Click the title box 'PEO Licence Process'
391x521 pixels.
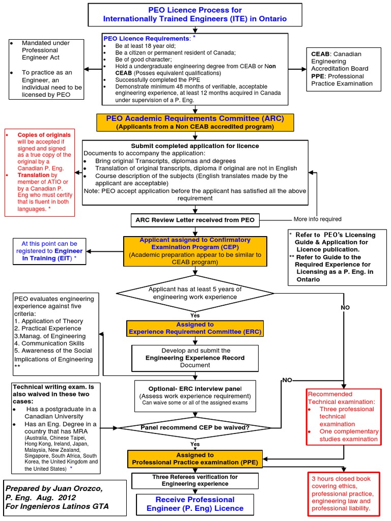(x=195, y=15)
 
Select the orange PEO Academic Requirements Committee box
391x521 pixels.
(x=195, y=122)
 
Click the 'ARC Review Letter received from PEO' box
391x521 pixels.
(x=195, y=220)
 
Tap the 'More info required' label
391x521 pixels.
(x=318, y=220)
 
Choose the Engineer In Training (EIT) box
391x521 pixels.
(x=49, y=251)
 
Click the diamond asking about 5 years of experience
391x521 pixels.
(x=195, y=293)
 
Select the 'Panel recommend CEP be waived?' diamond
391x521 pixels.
(x=195, y=427)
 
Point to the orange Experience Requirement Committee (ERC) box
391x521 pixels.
(x=195, y=328)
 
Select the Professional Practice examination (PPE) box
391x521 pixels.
(x=195, y=459)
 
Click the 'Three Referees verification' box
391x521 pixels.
(x=195, y=480)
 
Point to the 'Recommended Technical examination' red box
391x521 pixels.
(x=343, y=416)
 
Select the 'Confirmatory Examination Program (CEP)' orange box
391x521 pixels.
(x=195, y=251)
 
